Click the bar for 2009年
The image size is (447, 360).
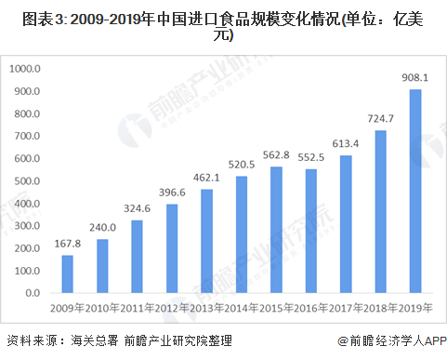(x=67, y=273)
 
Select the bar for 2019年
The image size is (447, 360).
(x=415, y=190)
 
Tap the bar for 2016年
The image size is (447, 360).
(x=311, y=230)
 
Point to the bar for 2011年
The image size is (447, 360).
(x=137, y=256)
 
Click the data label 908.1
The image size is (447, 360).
(x=415, y=78)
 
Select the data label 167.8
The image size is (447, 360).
(x=67, y=245)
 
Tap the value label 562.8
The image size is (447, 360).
(x=276, y=155)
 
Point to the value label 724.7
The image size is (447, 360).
(x=381, y=119)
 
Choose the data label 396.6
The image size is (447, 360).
(x=172, y=193)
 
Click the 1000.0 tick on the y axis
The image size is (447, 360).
(x=26, y=69)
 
